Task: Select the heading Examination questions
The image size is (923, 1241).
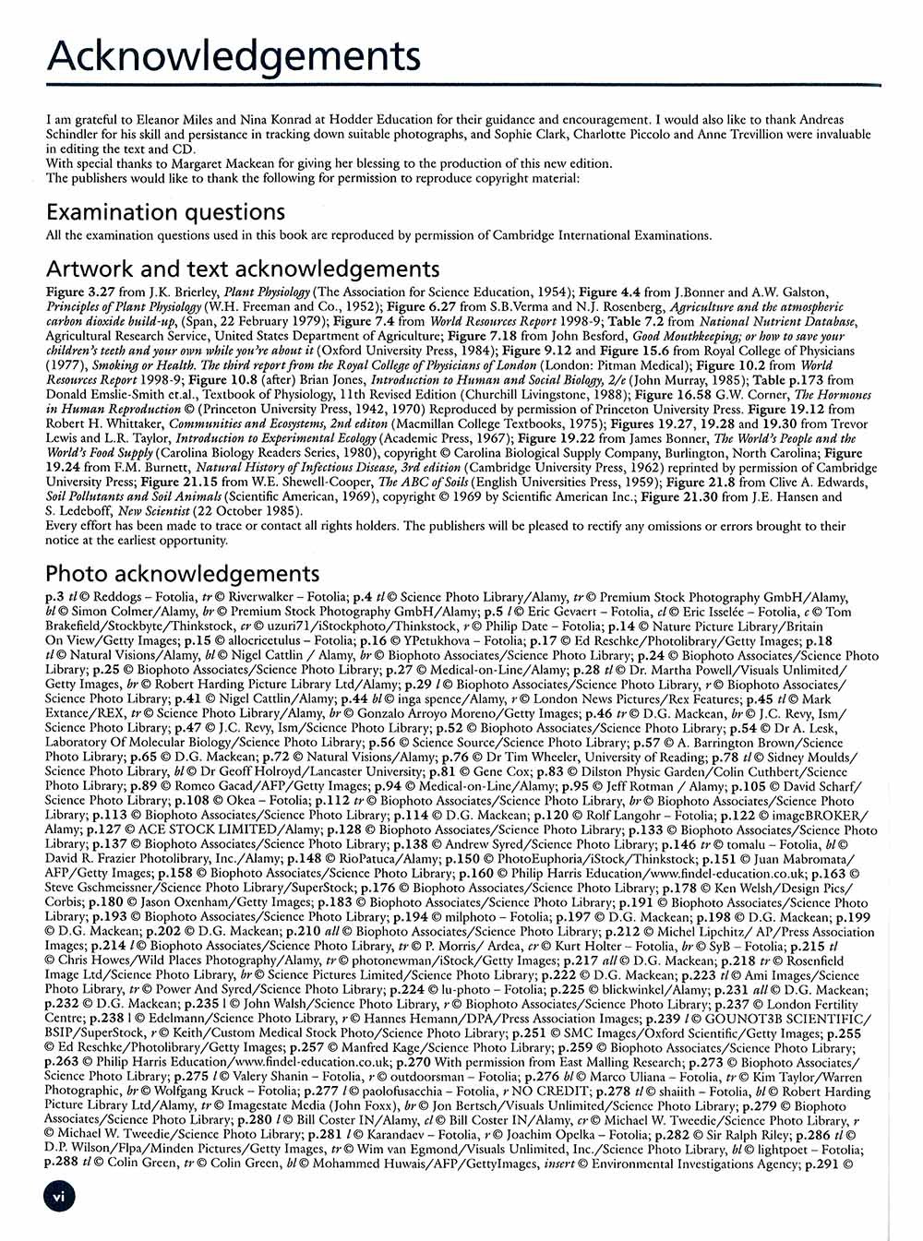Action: coord(165,212)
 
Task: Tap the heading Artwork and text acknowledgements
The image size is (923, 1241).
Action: coord(243,268)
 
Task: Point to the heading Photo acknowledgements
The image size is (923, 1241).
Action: coord(183,574)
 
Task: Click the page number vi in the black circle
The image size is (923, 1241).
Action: coord(58,1196)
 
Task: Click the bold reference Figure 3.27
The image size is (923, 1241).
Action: coord(78,292)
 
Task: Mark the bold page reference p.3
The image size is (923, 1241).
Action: coord(54,597)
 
